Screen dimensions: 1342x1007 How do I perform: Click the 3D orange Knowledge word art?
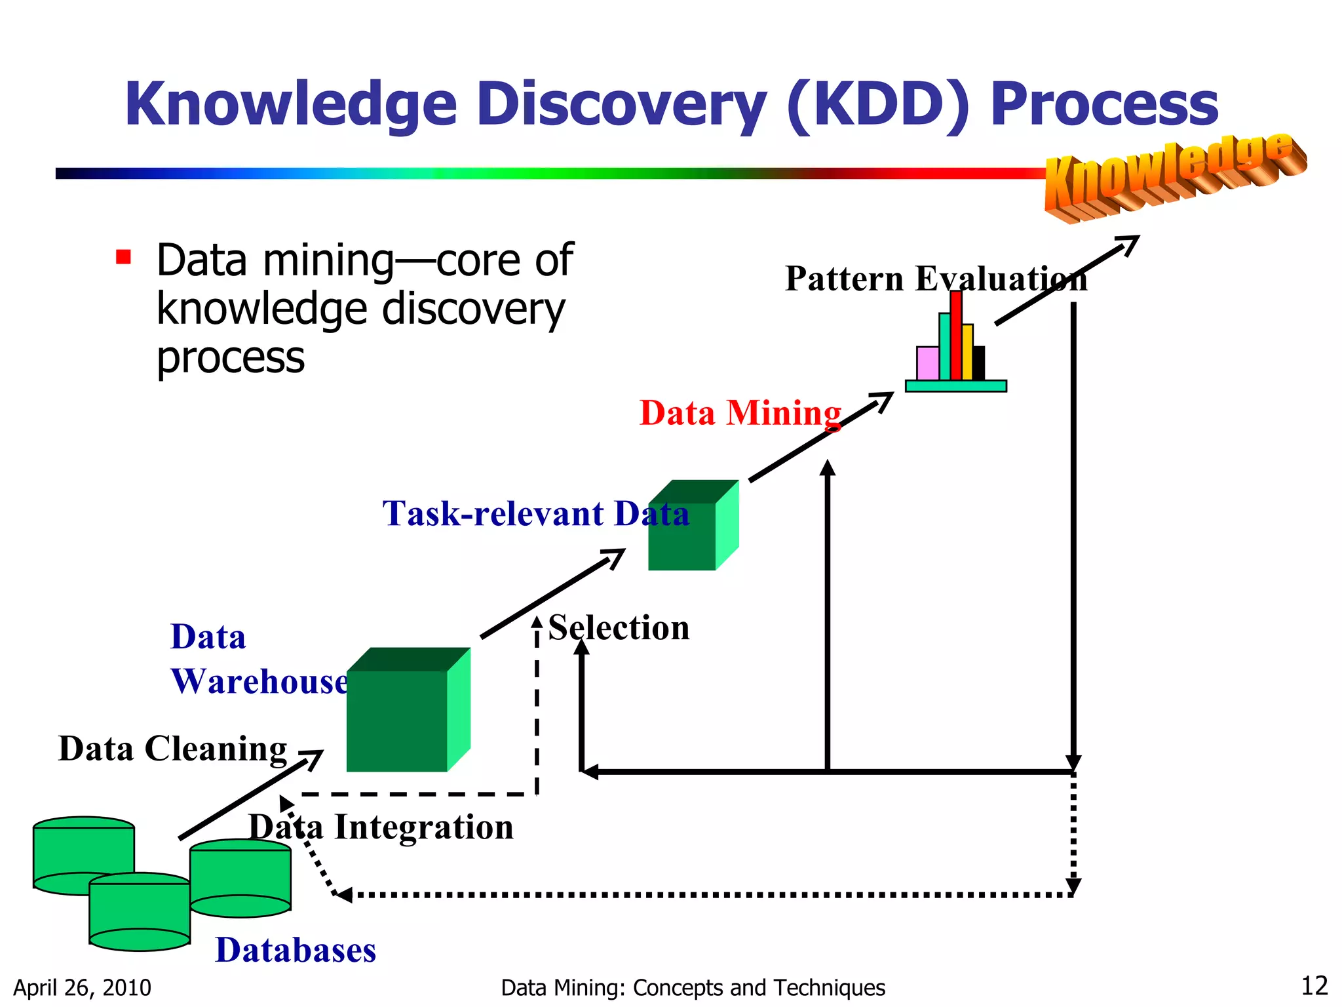click(1173, 176)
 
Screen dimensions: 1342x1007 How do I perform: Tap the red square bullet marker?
click(123, 256)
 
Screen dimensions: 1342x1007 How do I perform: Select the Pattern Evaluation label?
click(936, 279)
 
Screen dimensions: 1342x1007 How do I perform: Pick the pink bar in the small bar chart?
click(927, 363)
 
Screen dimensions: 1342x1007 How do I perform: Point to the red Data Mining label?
click(740, 413)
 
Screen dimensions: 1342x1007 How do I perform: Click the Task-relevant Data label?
click(536, 513)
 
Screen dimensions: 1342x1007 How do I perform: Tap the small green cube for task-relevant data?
click(688, 531)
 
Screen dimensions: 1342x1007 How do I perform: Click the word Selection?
click(619, 628)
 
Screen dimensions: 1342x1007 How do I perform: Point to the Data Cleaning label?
click(172, 749)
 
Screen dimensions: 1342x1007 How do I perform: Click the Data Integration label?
click(381, 827)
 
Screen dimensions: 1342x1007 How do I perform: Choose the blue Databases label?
click(296, 950)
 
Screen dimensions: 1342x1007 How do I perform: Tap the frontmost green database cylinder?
click(140, 913)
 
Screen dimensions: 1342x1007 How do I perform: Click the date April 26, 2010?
click(82, 987)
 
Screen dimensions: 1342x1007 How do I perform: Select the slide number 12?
click(1314, 986)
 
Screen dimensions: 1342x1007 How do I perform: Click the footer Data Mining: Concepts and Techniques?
click(693, 987)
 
